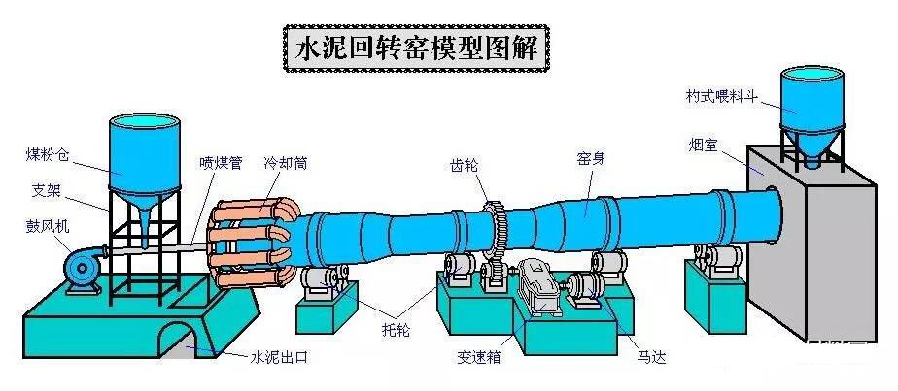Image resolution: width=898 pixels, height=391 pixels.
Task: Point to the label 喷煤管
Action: click(221, 162)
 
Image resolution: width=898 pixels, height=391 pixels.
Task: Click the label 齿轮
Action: click(465, 164)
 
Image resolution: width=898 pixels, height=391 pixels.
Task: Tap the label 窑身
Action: click(592, 158)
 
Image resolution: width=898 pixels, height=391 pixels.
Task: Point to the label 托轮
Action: click(396, 331)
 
